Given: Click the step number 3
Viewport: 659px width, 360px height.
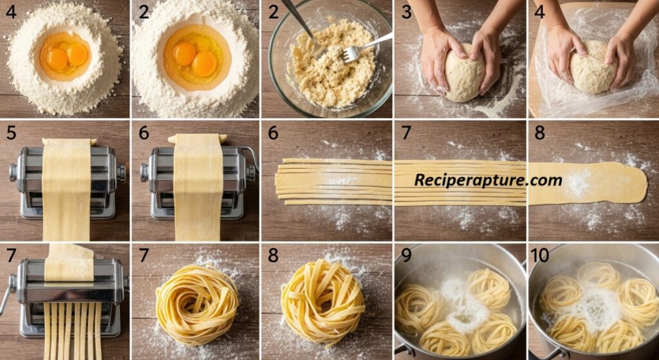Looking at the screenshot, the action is pyautogui.click(x=406, y=12).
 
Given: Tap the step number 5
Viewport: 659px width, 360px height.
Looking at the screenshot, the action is pyautogui.click(x=11, y=133).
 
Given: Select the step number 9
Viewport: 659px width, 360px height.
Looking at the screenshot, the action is pyautogui.click(x=406, y=255).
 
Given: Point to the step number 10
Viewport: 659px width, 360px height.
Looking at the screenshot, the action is pyautogui.click(x=540, y=255).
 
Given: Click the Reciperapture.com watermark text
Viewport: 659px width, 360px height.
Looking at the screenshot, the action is pyautogui.click(x=488, y=180).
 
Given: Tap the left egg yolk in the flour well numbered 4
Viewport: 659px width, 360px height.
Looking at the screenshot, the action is pyautogui.click(x=57, y=59).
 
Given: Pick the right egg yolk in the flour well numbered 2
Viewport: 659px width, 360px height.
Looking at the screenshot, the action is pyautogui.click(x=205, y=64).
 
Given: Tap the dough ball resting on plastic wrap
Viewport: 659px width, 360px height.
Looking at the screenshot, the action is pyautogui.click(x=593, y=67).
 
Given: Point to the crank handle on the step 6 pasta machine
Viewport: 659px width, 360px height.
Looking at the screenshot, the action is pyautogui.click(x=252, y=156).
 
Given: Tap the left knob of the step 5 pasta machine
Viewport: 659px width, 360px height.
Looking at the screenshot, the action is pyautogui.click(x=14, y=172).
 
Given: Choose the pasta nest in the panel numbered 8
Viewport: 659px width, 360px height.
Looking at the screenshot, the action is pyautogui.click(x=323, y=302).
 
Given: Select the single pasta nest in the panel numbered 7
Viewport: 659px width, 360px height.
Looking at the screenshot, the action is pyautogui.click(x=197, y=304).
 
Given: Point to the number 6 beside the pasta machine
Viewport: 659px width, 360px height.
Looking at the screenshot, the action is pyautogui.click(x=144, y=133).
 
